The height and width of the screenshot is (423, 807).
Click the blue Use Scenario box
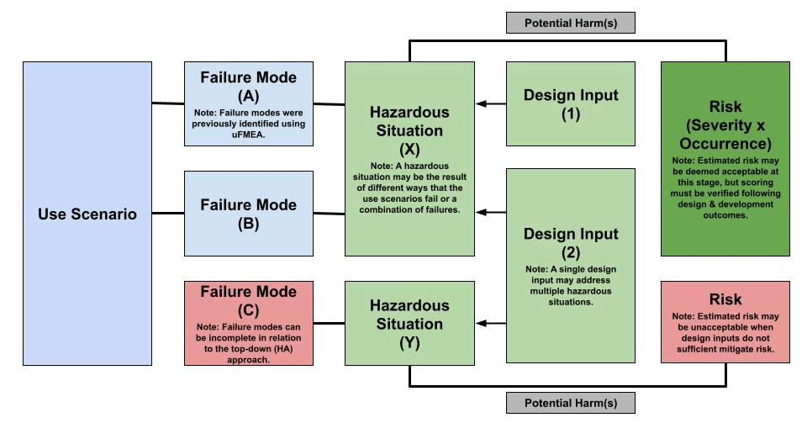click(x=87, y=214)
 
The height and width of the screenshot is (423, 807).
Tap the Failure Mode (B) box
click(x=248, y=214)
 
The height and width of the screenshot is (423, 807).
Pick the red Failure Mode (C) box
click(x=248, y=323)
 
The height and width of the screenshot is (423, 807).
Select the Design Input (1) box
click(x=570, y=104)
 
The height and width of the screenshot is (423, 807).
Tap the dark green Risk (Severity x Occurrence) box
click(x=725, y=159)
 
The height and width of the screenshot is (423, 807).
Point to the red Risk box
click(x=725, y=323)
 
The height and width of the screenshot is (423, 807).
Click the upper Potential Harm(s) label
click(x=570, y=23)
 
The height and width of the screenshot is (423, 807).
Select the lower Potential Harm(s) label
click(x=570, y=403)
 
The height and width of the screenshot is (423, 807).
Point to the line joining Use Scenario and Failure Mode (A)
click(x=167, y=103)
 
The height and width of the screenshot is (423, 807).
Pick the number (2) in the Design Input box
click(x=570, y=251)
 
